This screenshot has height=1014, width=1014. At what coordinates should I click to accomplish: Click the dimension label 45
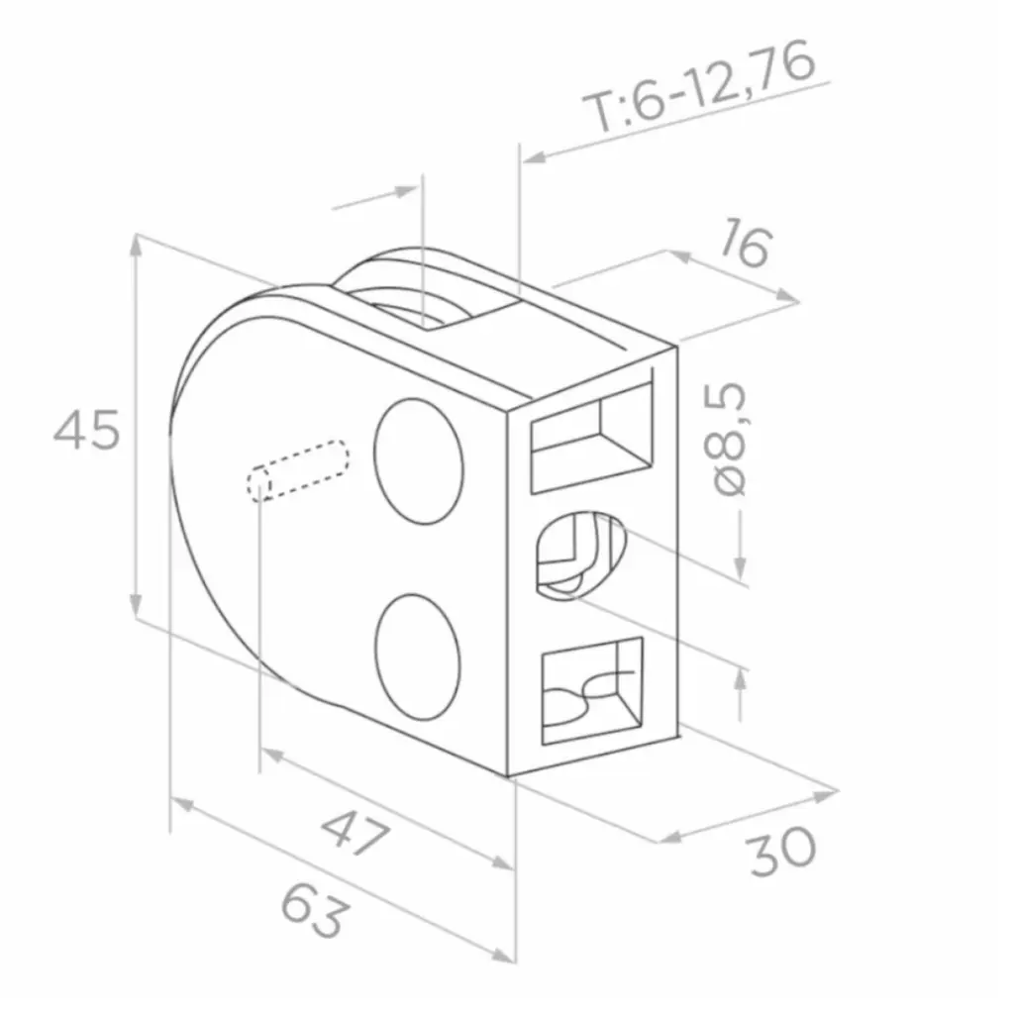[x=87, y=430]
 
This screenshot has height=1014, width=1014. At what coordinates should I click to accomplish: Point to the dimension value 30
[x=782, y=853]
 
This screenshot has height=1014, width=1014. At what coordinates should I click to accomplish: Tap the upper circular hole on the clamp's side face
[x=419, y=461]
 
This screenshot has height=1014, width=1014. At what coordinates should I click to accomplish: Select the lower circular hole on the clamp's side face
[x=418, y=657]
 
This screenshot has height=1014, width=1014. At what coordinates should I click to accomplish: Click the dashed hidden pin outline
[x=298, y=470]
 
